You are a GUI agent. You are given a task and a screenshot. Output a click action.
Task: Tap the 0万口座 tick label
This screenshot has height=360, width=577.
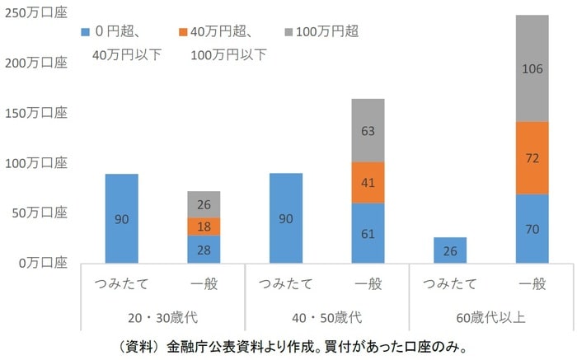click(40, 264)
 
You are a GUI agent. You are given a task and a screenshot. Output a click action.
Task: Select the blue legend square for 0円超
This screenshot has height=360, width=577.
click(86, 32)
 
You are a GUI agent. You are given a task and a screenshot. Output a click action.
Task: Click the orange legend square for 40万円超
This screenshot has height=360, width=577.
click(182, 32)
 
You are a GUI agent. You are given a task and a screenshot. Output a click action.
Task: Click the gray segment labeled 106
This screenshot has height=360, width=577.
click(531, 68)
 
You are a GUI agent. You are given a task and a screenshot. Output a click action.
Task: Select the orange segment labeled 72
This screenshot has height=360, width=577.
click(531, 158)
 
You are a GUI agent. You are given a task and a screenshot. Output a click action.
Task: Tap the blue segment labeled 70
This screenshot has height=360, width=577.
click(531, 229)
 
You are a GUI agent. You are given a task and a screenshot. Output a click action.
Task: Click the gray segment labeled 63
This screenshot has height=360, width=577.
click(368, 130)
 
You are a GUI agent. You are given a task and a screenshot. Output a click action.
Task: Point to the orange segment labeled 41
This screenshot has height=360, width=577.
click(368, 182)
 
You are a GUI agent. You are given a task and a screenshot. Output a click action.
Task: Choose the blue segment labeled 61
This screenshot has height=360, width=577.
click(368, 233)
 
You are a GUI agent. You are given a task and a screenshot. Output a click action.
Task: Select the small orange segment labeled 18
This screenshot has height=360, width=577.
click(204, 227)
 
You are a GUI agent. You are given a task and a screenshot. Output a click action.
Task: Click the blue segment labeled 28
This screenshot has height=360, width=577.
click(204, 250)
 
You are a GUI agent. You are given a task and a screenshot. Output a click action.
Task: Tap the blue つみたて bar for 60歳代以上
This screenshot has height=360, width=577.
click(449, 250)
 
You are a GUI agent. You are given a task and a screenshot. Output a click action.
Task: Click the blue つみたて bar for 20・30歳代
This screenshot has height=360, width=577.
click(122, 219)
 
